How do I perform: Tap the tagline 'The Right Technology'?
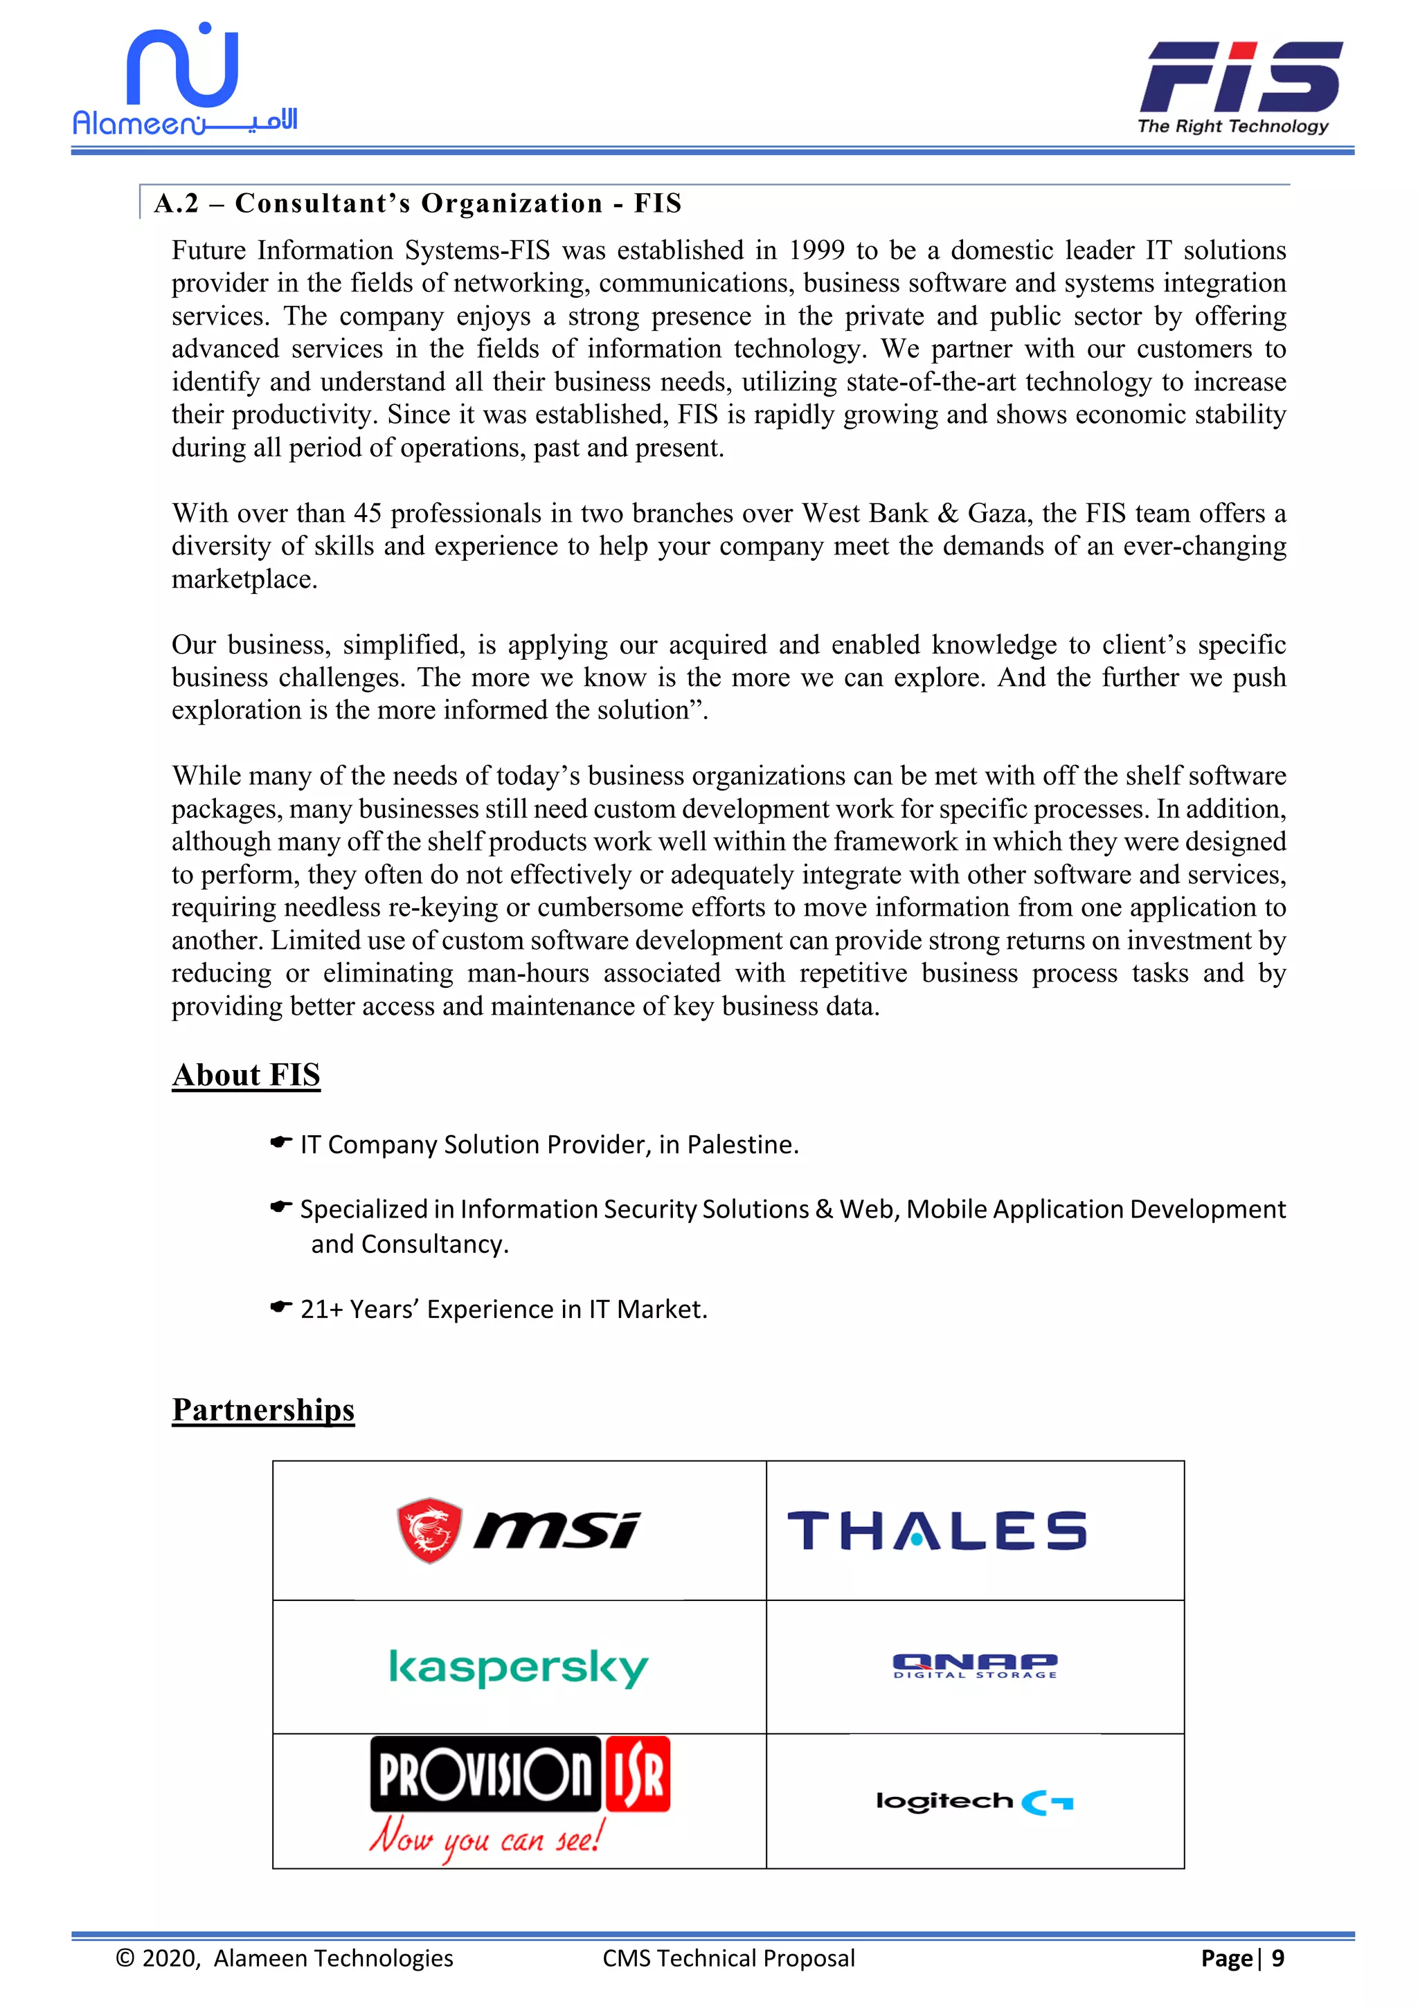point(1232,126)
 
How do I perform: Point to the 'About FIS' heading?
point(246,1074)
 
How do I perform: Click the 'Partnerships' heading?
point(263,1409)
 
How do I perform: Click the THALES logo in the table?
point(937,1530)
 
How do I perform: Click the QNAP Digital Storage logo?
point(975,1665)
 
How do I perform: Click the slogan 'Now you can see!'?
point(486,1837)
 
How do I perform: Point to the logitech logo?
point(974,1802)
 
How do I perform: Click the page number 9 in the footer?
point(1277,1958)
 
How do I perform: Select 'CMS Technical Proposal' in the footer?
point(728,1958)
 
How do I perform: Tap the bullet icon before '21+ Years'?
point(280,1307)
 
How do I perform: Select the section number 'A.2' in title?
point(177,204)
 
